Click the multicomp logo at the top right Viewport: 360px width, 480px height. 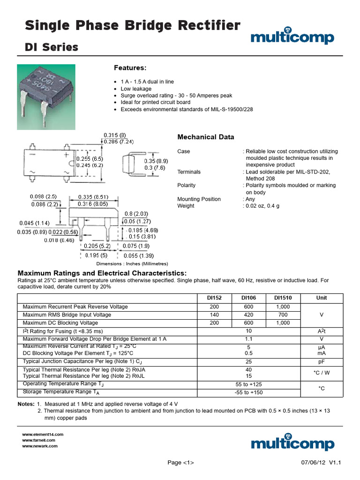[292, 37]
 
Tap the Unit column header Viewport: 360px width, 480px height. [322, 298]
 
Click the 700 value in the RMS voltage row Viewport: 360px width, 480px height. [283, 315]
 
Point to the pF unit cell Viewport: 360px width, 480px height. [322, 361]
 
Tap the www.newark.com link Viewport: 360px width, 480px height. [40, 446]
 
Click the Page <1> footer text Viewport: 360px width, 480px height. [181, 463]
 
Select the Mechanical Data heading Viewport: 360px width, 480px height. [205, 137]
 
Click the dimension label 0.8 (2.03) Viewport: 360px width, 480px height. [135, 213]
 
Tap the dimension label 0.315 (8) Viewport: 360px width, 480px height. [115, 135]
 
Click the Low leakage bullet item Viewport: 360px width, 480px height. [136, 89]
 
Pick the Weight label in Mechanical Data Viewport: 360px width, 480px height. [186, 206]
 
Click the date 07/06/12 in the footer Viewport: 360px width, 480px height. [313, 463]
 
